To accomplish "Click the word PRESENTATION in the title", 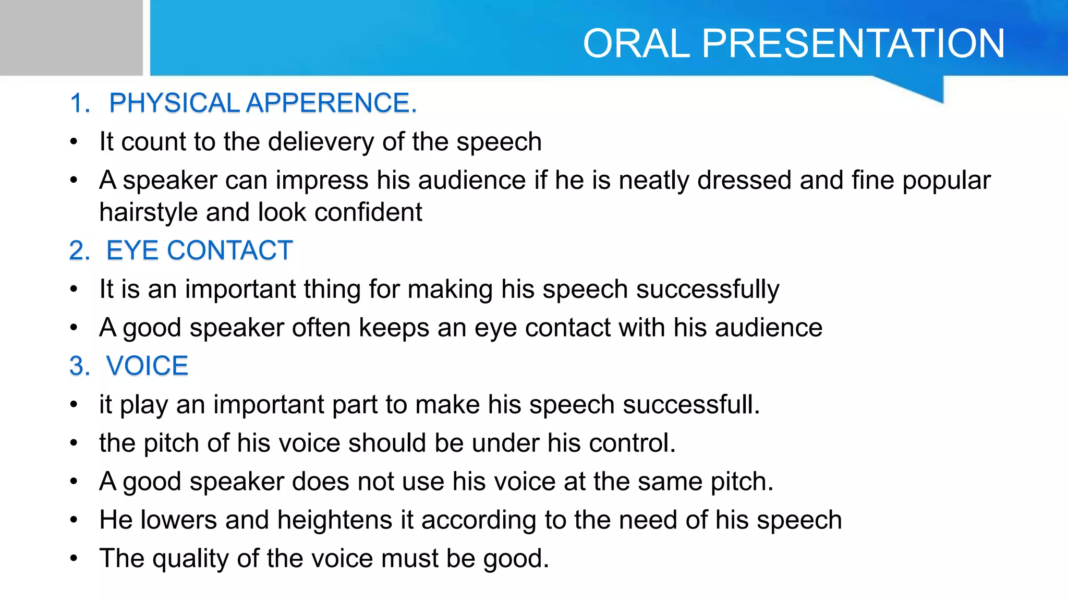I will coord(853,43).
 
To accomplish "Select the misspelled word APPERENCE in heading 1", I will coord(331,103).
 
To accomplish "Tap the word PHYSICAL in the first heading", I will coord(174,103).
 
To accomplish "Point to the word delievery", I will coord(321,142).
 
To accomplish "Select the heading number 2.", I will coord(79,251).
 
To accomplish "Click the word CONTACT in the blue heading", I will coord(229,250).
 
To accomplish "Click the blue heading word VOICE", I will coord(147,366).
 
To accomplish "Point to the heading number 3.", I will coord(79,366).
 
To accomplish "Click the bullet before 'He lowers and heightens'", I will coord(74,520).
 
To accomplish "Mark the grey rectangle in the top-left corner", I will coord(71,38).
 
